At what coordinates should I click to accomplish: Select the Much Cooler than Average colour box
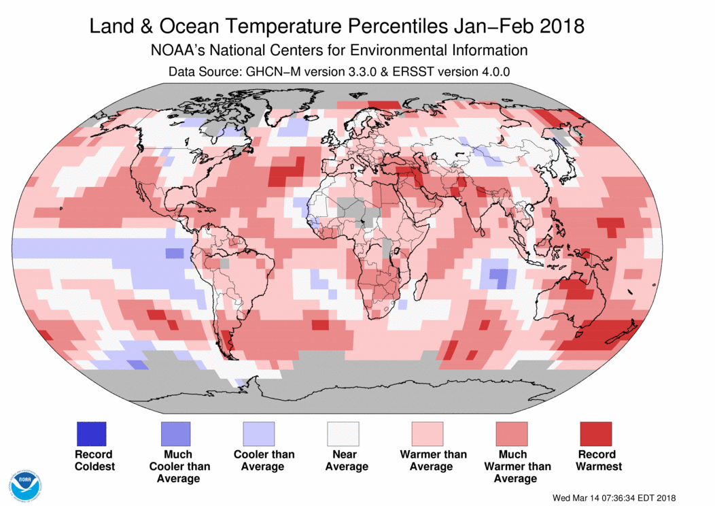(x=175, y=434)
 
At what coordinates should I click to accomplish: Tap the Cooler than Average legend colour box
(x=259, y=434)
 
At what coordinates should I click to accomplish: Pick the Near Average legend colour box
(x=343, y=434)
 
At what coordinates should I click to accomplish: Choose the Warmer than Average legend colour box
(x=427, y=434)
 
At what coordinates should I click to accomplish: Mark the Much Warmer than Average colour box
(x=511, y=434)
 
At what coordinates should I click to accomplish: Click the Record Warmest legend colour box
(x=595, y=434)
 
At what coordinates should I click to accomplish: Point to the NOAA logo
(x=26, y=485)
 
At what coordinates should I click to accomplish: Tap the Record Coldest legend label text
(x=94, y=460)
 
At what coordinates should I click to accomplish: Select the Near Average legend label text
(x=346, y=460)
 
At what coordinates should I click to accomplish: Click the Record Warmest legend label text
(x=598, y=460)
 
